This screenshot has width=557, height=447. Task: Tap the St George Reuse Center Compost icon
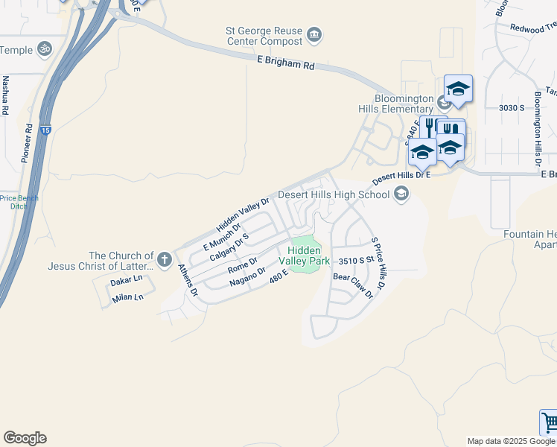[x=314, y=35]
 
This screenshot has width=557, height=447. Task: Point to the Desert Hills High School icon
[x=401, y=195]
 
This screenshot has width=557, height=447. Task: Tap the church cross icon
[x=165, y=261]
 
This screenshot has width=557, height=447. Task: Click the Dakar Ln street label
[x=126, y=280]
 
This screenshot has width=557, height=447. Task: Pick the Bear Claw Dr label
[x=352, y=285]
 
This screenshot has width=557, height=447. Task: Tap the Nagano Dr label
[x=248, y=276]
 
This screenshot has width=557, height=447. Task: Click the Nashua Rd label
[x=5, y=95]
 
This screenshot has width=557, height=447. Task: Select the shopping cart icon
[x=550, y=423]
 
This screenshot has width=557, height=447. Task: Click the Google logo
[x=25, y=438]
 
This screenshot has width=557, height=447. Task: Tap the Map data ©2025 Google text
[x=510, y=441]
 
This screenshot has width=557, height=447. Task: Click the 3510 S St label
[x=354, y=261]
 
